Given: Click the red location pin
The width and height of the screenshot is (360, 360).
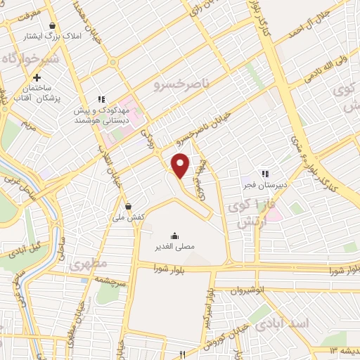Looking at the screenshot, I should [181, 165].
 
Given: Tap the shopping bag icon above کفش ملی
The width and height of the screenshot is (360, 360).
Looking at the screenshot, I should [128, 206].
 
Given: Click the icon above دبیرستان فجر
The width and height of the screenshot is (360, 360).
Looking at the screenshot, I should [265, 173].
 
